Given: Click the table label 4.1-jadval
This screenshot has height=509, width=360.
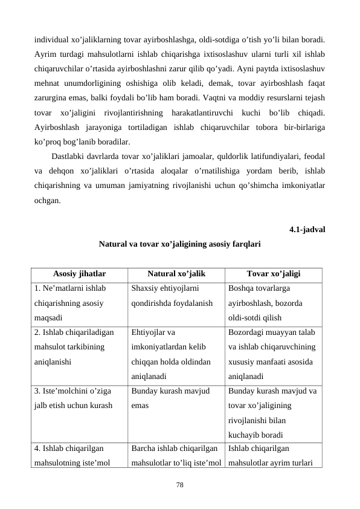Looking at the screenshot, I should coord(308,230).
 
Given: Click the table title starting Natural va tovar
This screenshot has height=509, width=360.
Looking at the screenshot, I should coord(179,245).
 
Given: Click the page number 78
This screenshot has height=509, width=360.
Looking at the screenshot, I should coord(179,485).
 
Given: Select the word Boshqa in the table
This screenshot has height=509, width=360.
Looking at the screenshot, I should coord(243,289).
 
